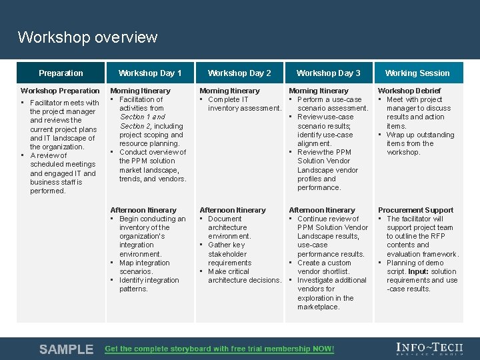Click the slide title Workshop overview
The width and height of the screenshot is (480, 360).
click(87, 37)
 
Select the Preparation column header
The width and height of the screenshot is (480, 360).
click(61, 73)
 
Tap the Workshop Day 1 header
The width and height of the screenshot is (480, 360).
click(150, 73)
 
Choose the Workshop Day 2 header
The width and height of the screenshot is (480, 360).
click(239, 73)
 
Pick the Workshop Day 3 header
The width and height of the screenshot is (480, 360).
click(329, 73)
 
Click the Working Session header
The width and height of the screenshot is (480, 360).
click(417, 73)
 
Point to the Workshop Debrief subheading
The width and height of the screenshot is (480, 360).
click(409, 91)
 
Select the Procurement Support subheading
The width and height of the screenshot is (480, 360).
click(415, 210)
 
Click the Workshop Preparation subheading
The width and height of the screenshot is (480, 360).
click(60, 91)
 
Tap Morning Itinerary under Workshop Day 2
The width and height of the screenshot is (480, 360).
click(229, 91)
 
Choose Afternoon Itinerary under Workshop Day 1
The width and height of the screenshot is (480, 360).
click(143, 210)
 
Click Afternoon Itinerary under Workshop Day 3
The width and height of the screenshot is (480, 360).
click(322, 210)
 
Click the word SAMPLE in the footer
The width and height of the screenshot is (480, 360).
click(66, 349)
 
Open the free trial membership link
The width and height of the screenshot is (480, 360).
click(220, 349)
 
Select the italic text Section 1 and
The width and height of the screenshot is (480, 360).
click(143, 117)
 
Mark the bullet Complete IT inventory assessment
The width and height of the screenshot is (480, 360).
click(244, 104)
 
